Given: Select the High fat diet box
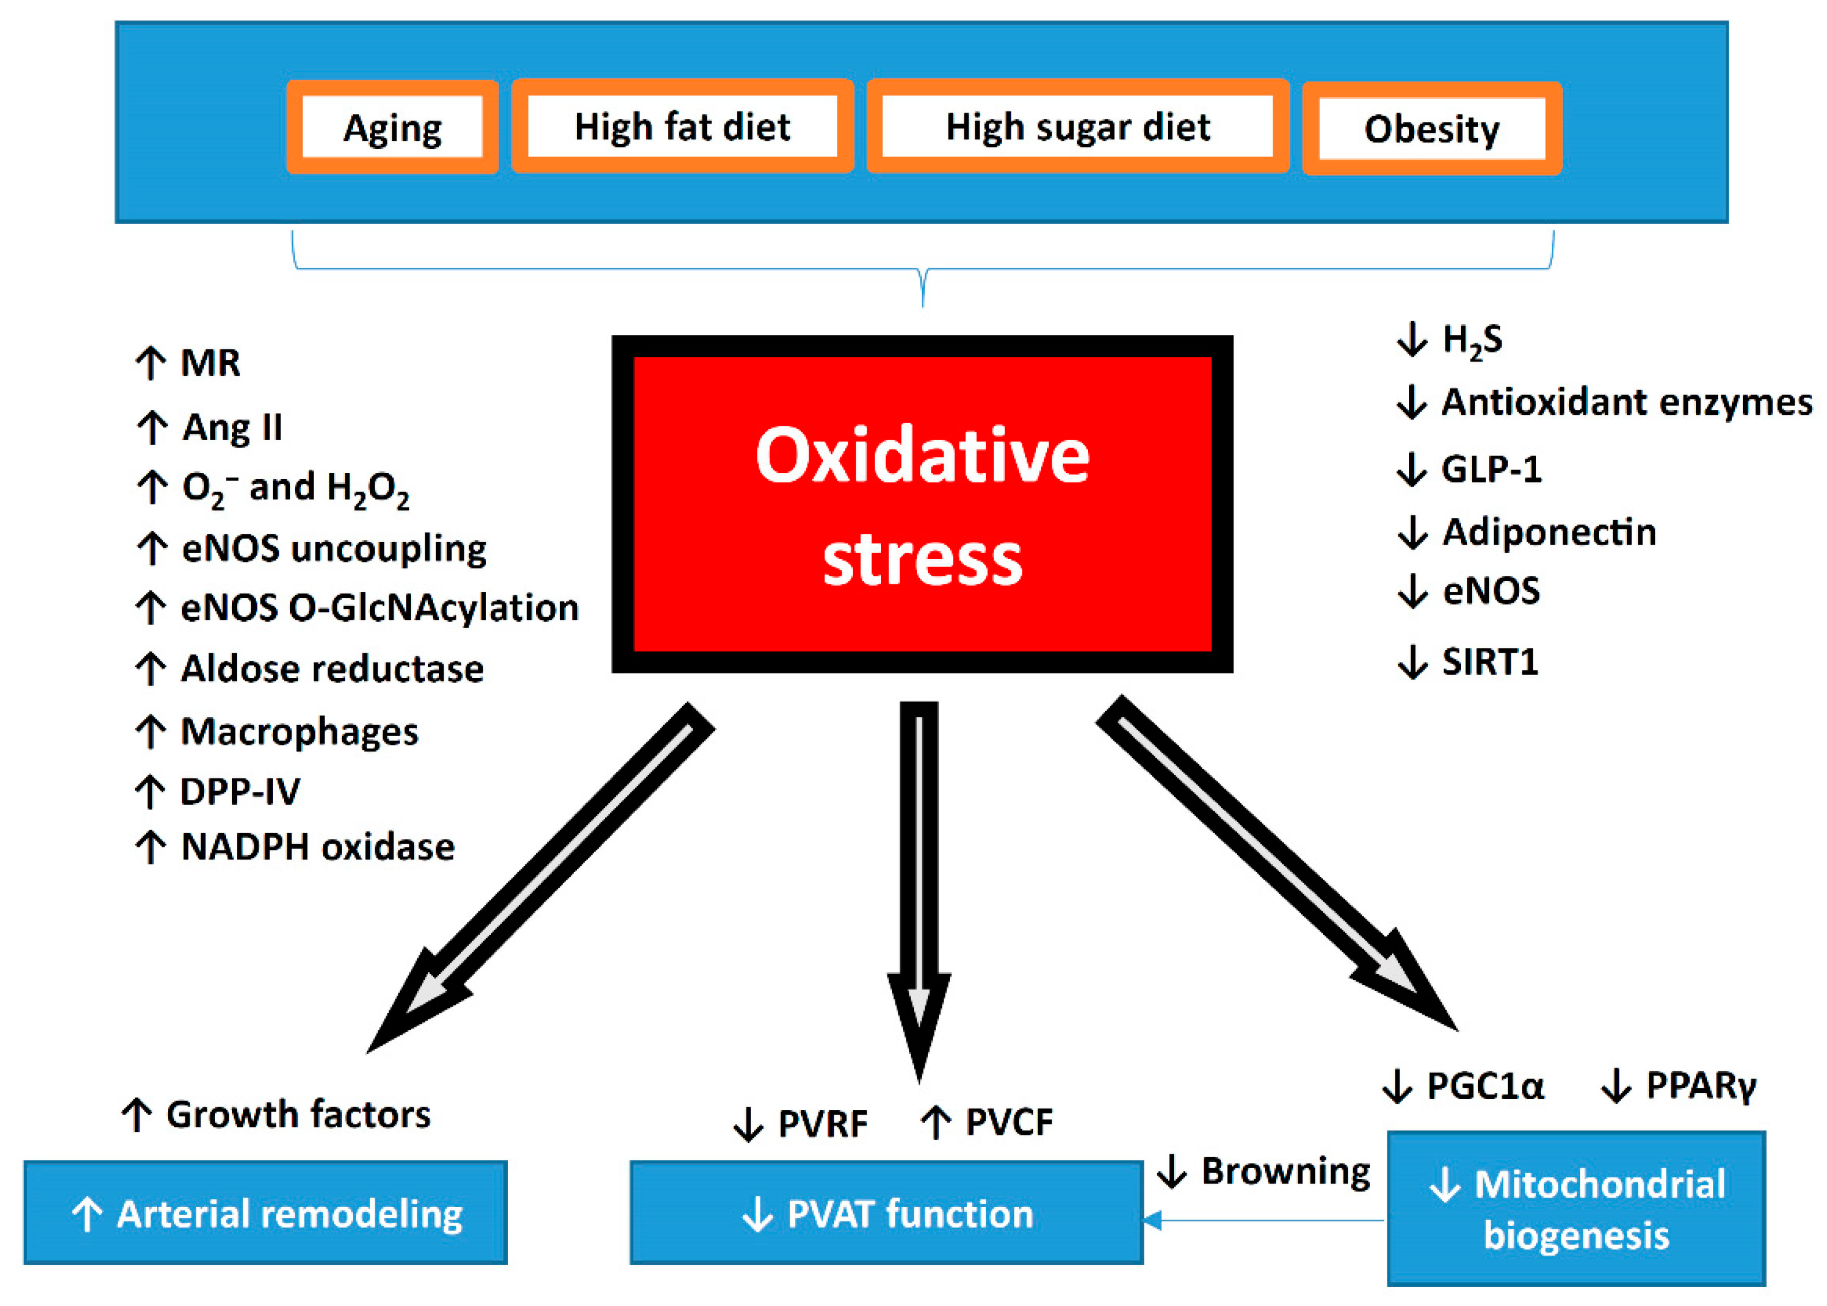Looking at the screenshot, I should tap(682, 126).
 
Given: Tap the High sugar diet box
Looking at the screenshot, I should tap(1077, 126).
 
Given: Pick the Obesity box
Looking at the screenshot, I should tap(1432, 129).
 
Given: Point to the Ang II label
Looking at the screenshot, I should tap(232, 427).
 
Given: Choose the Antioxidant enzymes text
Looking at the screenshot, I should tap(1626, 402).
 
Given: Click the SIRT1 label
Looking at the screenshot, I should tap(1489, 662).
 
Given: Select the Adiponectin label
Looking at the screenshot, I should tap(1549, 533).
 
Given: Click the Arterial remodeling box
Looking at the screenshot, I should tap(266, 1213).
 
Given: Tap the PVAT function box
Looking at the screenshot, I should tap(886, 1213).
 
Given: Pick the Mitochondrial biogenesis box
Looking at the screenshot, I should tap(1575, 1208).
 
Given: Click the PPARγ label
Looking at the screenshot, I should tap(1700, 1086).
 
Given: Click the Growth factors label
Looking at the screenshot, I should tap(298, 1115).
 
